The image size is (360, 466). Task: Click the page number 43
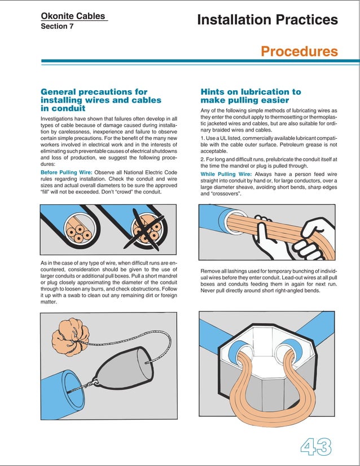point(316,446)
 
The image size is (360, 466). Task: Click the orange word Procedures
point(300,51)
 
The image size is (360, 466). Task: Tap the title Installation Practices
point(267,20)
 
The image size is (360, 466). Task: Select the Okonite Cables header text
point(73,16)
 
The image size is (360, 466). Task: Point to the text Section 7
point(57,26)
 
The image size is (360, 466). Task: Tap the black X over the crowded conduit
point(145,229)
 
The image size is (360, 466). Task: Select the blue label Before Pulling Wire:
point(66,173)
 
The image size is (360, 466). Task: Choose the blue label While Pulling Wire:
point(226,174)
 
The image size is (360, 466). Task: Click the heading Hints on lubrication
point(251,96)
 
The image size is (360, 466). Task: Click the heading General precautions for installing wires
point(101,100)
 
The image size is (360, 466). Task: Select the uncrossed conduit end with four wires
point(79,230)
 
